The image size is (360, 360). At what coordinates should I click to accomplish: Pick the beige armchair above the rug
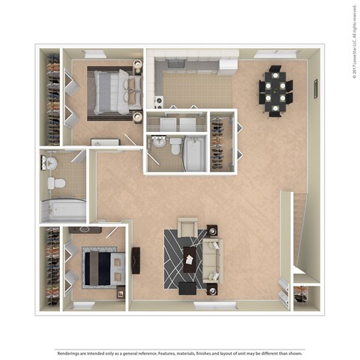(x=187, y=226)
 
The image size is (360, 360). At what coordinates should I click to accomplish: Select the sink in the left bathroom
(x=50, y=162)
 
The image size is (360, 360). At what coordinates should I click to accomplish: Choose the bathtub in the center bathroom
(x=195, y=153)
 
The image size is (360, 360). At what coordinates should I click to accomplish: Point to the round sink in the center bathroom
(x=158, y=141)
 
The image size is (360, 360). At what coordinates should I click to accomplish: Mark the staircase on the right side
(x=298, y=232)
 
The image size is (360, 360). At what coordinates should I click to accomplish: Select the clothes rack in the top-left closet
(x=52, y=97)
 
